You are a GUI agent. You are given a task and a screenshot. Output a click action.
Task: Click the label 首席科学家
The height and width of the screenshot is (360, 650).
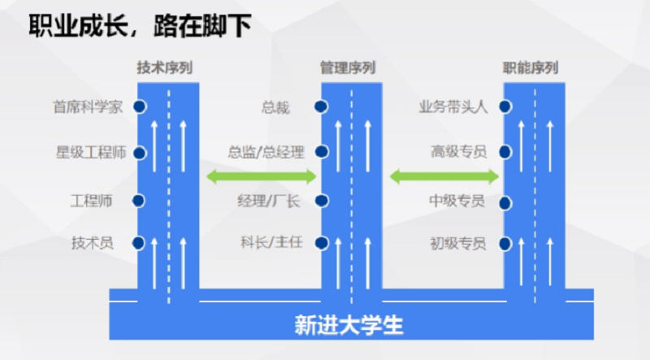[89, 106]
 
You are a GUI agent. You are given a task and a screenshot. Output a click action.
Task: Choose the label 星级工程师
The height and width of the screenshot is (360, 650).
[90, 153]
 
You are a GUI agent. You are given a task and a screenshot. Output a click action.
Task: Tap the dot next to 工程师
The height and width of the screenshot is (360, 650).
[139, 200]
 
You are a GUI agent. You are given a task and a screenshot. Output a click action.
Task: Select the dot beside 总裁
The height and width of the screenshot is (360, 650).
[323, 106]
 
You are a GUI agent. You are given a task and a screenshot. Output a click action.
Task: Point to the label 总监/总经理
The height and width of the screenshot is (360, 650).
[266, 152]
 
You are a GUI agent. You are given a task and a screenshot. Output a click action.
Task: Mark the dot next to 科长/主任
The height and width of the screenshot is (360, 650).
[323, 241]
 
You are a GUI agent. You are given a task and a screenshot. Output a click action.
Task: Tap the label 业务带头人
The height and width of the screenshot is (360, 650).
[453, 106]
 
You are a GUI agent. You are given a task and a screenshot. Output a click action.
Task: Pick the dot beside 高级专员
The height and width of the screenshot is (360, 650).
[505, 152]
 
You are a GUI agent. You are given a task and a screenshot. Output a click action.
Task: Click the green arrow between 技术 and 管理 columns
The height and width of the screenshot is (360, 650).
[260, 176]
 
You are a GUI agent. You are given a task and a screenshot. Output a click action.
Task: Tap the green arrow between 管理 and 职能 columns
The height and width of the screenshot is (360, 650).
[444, 176]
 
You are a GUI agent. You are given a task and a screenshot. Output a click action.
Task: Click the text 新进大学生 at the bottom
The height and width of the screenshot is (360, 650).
[349, 325]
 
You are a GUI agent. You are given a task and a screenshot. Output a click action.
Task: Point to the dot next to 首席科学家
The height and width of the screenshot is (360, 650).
[139, 106]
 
